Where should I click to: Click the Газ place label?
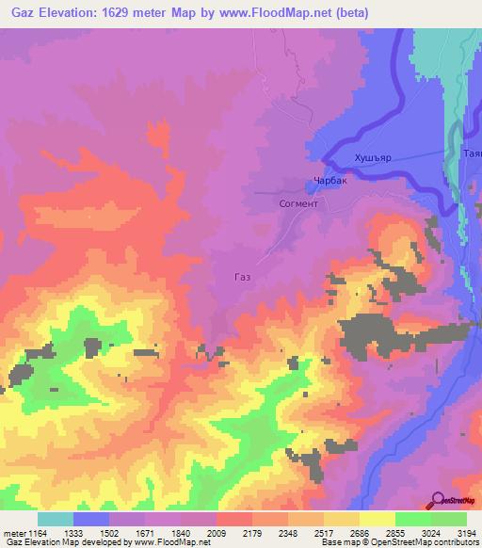242,277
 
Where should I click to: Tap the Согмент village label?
299,203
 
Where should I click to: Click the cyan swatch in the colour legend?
56,519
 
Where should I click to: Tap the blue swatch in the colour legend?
91,519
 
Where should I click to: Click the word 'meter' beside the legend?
12,532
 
